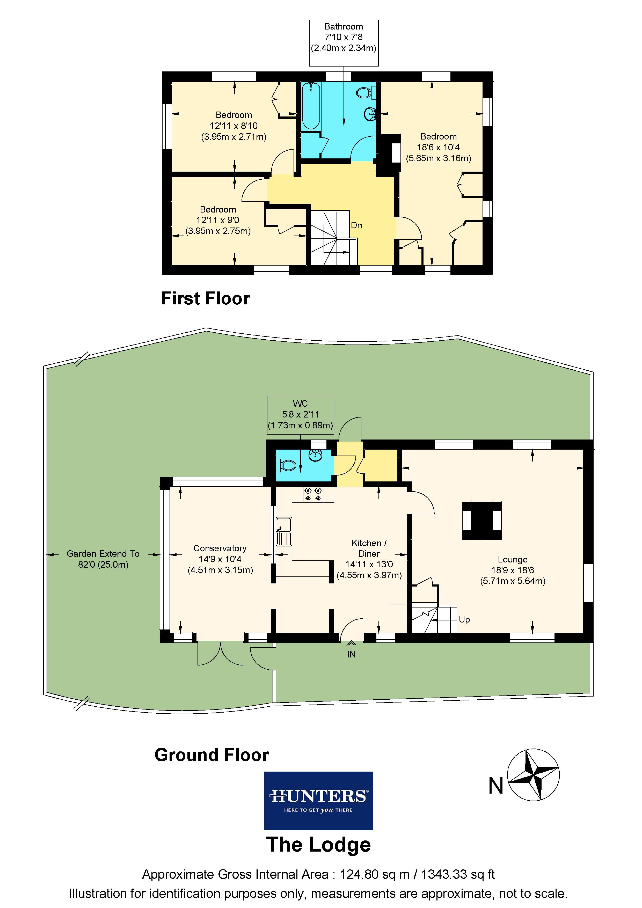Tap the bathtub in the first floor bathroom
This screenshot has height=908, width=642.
coord(311,106)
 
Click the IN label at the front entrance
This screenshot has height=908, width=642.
coord(351,655)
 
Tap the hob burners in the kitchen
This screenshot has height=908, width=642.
coord(313,494)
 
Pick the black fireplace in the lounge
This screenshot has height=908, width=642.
coord(481,521)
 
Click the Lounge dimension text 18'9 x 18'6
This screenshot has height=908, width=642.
coord(513,570)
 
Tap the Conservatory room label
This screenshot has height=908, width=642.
coord(220,548)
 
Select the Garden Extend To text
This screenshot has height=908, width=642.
coord(103,554)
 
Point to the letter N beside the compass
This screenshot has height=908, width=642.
coord(496,786)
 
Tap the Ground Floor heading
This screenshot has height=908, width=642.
coord(211,755)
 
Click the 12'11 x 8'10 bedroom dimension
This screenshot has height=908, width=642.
coord(234,126)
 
